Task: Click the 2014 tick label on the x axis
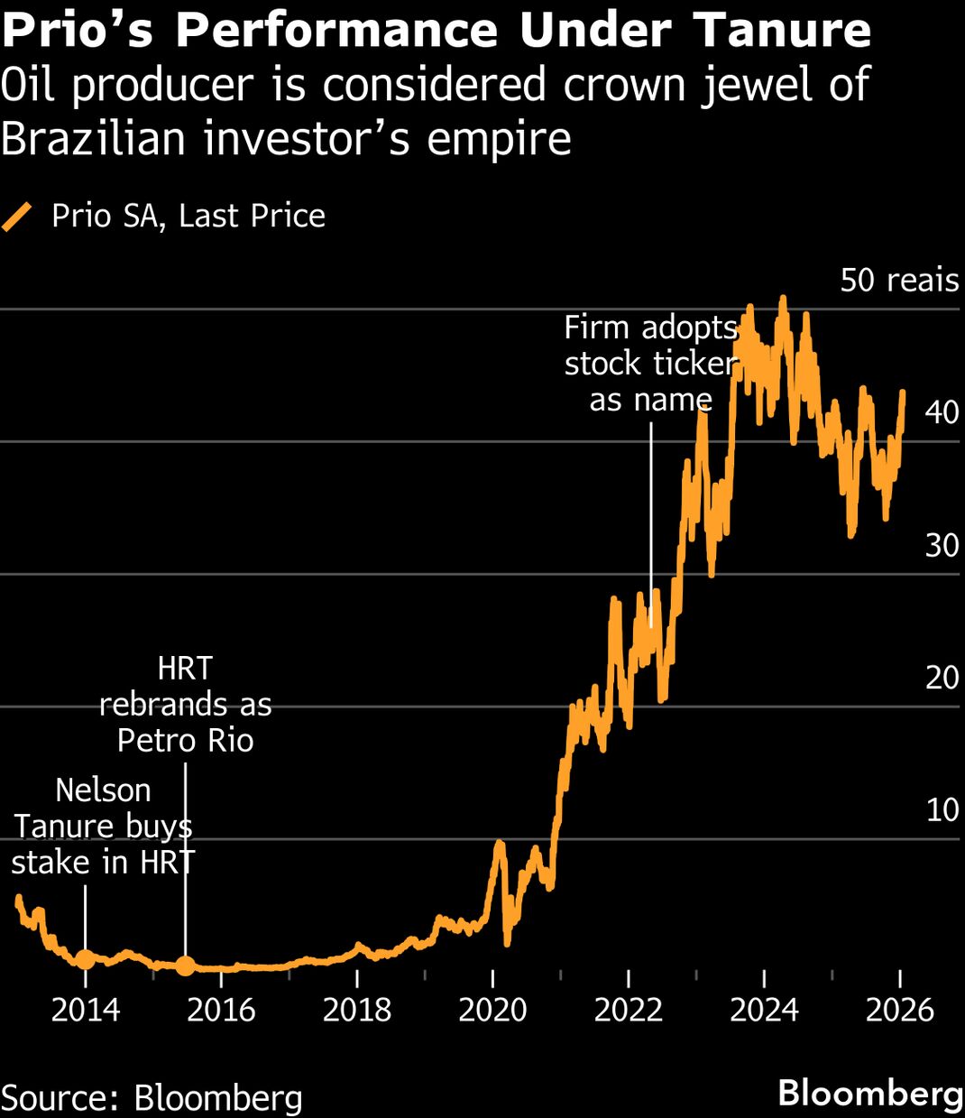(x=86, y=1010)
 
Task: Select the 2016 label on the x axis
(x=221, y=1010)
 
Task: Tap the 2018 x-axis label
(x=357, y=1010)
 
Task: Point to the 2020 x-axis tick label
(x=492, y=1010)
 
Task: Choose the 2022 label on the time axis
(x=629, y=1010)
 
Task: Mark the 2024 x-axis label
(x=764, y=1010)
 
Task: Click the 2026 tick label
(x=899, y=1010)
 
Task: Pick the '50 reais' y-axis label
(x=899, y=281)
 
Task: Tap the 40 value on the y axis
(x=942, y=412)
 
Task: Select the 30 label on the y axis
(x=942, y=545)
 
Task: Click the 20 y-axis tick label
(x=942, y=678)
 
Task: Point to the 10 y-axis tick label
(x=942, y=809)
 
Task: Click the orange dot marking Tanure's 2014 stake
(x=85, y=959)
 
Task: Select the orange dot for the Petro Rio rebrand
(x=185, y=966)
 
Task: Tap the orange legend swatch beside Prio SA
(x=17, y=217)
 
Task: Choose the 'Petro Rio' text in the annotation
(x=185, y=741)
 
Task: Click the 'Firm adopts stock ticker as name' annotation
(x=651, y=364)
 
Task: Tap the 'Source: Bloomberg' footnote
(x=152, y=1098)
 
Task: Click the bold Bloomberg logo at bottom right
(x=870, y=1093)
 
